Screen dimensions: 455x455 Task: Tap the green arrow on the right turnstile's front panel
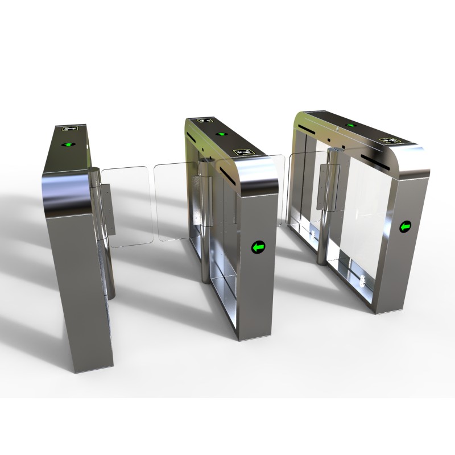[x=406, y=227]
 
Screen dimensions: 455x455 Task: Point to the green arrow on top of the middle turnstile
[x=220, y=135]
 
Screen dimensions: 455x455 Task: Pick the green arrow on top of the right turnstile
[x=351, y=125]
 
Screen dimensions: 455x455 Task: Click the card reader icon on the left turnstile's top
[x=73, y=130]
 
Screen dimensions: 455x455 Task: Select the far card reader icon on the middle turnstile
[x=205, y=121]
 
